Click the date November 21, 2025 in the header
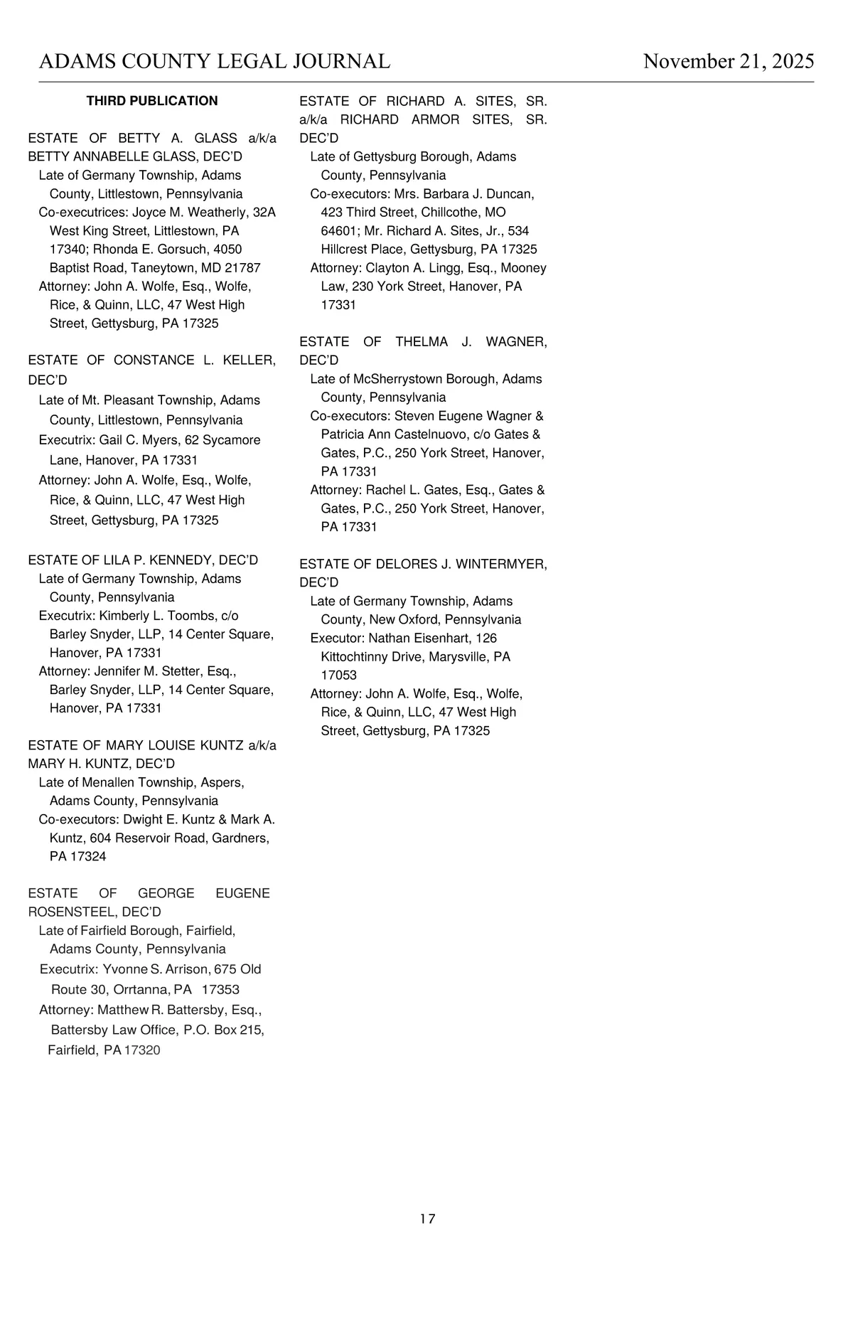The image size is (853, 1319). (728, 61)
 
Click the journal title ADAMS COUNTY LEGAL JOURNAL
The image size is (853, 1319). (215, 61)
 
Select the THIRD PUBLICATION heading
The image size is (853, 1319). (152, 101)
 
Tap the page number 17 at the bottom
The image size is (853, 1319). (427, 1219)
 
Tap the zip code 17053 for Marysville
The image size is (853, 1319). (339, 675)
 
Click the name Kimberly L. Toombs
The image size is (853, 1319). (157, 616)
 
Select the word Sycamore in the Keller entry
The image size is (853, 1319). (232, 440)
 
